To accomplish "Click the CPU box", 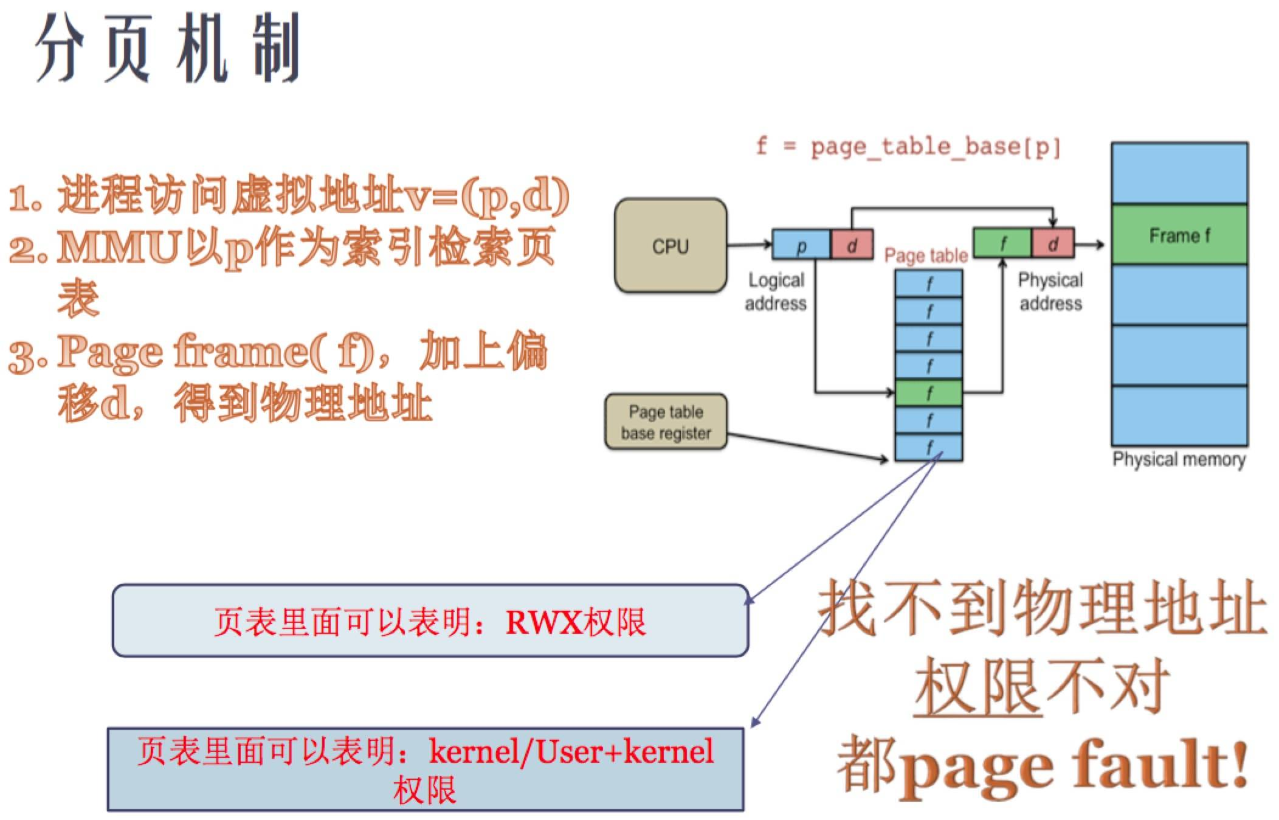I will pos(671,246).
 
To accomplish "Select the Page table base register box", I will pos(666,422).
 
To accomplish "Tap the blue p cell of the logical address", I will pos(801,245).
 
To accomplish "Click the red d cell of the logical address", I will pos(852,245).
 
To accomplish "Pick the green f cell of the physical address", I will pos(1002,243).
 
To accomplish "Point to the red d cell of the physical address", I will pos(1053,243).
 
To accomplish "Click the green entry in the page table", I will pos(928,393).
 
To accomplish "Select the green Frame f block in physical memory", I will pos(1179,235).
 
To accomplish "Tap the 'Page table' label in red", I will pos(925,255).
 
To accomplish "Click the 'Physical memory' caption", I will pos(1179,459).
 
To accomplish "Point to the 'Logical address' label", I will pos(776,291).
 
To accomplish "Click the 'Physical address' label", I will pos(1050,291).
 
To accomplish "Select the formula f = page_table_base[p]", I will pos(908,147).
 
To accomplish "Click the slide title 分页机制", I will pos(167,49).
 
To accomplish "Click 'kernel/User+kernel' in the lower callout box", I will pos(571,752).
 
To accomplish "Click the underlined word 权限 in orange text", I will pos(977,689).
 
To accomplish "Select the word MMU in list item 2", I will pos(118,248).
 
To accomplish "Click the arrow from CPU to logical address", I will pos(749,245).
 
